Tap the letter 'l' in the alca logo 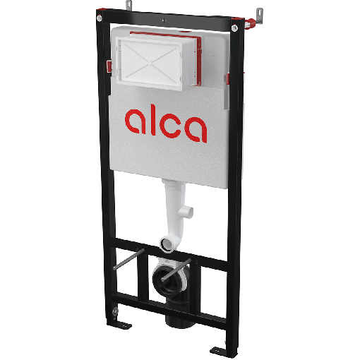(x=156, y=121)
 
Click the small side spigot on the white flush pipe (x=190, y=212)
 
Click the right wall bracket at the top (x=258, y=12)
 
